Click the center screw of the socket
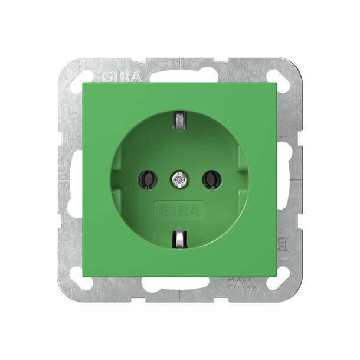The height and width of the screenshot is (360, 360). coord(179,178)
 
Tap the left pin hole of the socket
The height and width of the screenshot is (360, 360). coord(147,179)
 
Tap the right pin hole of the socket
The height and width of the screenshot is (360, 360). coord(211,179)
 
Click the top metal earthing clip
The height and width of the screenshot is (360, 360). coord(180,120)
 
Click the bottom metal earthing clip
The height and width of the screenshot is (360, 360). coord(179,240)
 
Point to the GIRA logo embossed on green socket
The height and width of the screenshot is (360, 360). coord(180,211)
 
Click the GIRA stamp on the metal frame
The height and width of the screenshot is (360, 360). coord(121,76)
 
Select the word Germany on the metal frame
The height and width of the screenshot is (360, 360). coord(243,287)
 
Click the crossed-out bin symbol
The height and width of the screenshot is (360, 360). coord(284,244)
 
